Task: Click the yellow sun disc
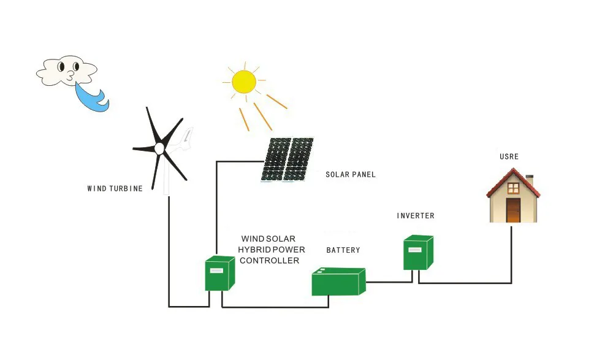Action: (243, 82)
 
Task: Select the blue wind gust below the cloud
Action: (92, 97)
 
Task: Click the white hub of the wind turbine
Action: (159, 148)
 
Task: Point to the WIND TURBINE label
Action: (115, 188)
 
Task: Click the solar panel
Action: (287, 159)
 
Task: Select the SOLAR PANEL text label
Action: (351, 175)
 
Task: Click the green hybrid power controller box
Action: (219, 274)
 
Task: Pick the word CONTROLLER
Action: (269, 261)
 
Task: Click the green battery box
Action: (338, 281)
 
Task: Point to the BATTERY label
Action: (343, 250)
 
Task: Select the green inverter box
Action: (418, 253)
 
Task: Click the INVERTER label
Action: (416, 216)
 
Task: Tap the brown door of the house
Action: (513, 210)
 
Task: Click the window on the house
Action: (513, 188)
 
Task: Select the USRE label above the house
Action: (509, 156)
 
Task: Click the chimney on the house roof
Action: (530, 180)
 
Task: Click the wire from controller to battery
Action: (275, 307)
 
